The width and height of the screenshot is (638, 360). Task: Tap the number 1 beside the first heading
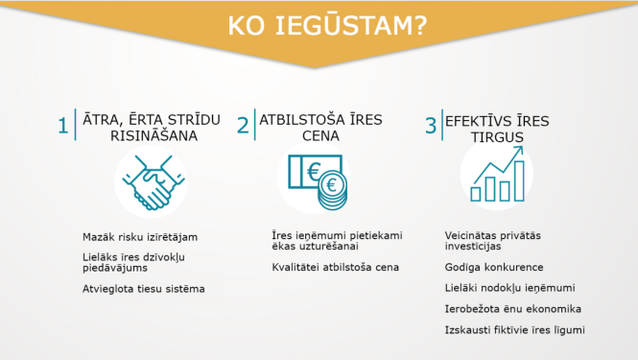63,127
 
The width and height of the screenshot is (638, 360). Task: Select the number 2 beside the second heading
243,127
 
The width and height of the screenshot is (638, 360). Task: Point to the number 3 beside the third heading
431,127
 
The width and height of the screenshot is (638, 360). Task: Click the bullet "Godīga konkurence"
494,267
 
